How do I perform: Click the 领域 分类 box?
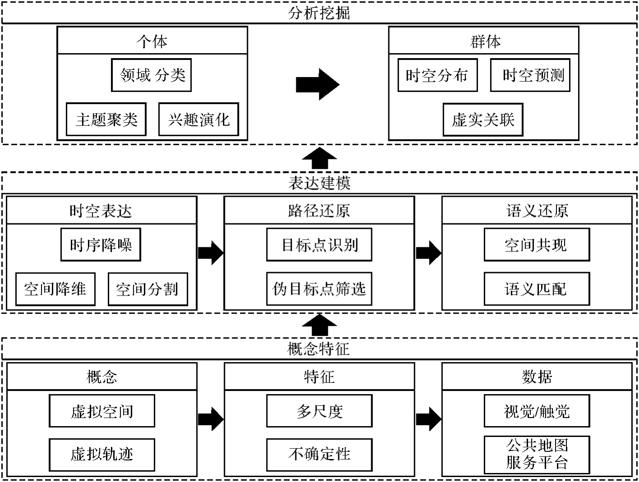coord(152,75)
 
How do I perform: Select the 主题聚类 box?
coord(106,119)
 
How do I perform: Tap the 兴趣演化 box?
coord(198,119)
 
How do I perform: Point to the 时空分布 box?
coord(437,75)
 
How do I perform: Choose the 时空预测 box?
coord(530,75)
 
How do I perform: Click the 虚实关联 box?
coord(483,119)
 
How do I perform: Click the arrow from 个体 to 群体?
coord(317,84)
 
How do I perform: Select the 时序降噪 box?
coord(101,245)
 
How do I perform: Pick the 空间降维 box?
coord(55,289)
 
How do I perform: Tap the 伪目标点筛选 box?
coord(319,289)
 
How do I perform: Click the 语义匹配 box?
coord(537,289)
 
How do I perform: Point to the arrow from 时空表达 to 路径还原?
coord(211,252)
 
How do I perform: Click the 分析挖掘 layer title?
coord(319,13)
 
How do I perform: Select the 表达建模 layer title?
coord(319,183)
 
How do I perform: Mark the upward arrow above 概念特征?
coord(319,325)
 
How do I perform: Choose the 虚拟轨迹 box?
coord(102,454)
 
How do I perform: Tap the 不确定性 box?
coord(319,454)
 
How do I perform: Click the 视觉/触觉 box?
coord(537,411)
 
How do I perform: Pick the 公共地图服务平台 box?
coord(537,454)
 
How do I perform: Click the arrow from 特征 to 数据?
coord(428,419)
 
